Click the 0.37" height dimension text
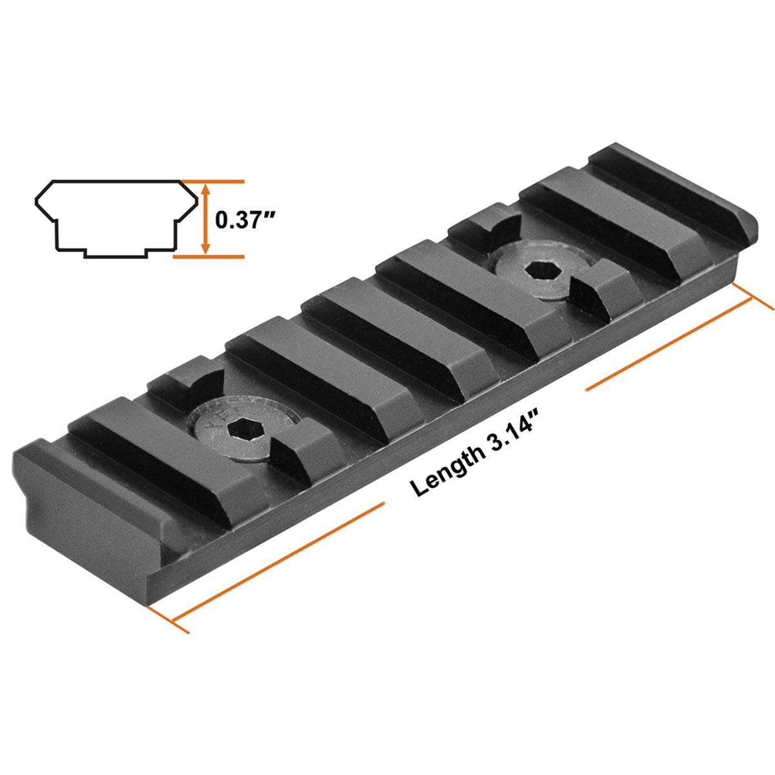[245, 220]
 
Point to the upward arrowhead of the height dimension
[205, 189]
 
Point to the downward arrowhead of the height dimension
[205, 247]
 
